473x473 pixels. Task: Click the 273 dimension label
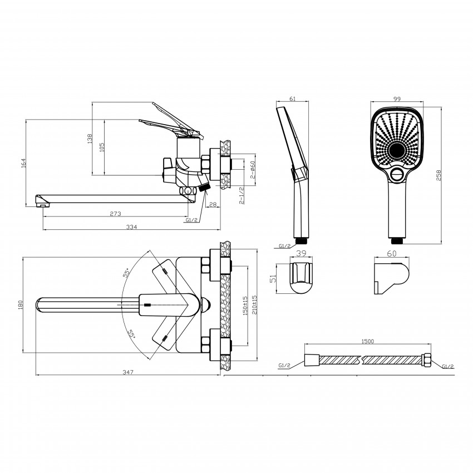115,214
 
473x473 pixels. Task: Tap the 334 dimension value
131,227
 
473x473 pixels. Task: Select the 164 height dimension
23,162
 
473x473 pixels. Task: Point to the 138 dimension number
90,139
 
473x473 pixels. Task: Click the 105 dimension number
102,147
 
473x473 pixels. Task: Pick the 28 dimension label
213,205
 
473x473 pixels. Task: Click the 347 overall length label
127,372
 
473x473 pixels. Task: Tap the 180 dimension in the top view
20,305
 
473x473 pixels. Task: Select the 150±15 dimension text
245,306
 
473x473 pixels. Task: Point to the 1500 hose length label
367,341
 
